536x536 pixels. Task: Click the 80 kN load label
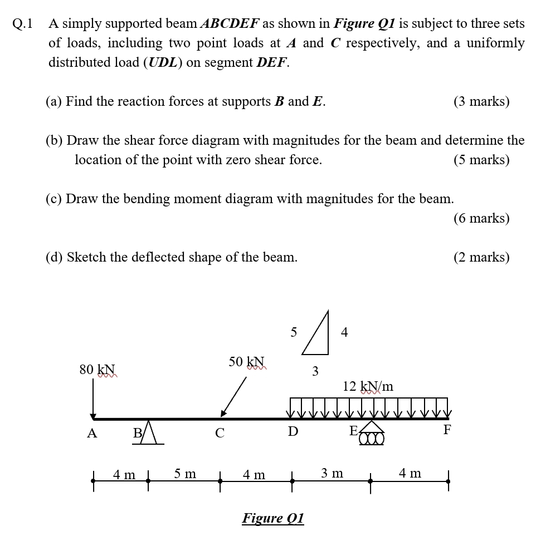click(x=98, y=370)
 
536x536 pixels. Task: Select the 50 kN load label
click(x=246, y=362)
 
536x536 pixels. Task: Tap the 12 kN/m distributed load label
click(x=368, y=386)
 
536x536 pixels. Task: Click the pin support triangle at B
click(x=148, y=432)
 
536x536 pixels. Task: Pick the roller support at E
click(x=372, y=434)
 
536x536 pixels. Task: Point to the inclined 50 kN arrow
click(x=233, y=397)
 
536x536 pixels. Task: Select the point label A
click(x=92, y=433)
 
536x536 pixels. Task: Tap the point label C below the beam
click(x=220, y=433)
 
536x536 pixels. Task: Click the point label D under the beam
click(x=293, y=431)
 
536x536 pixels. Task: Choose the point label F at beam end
click(x=447, y=430)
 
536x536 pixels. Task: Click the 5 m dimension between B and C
click(x=185, y=474)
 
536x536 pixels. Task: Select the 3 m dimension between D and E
click(x=332, y=474)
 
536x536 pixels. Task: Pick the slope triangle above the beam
click(x=318, y=336)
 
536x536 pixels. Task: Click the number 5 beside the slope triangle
click(x=294, y=332)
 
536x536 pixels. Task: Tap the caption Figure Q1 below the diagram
click(x=273, y=518)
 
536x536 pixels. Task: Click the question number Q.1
click(x=22, y=24)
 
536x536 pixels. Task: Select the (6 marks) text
click(x=481, y=218)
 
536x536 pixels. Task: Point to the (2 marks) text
click(x=481, y=257)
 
